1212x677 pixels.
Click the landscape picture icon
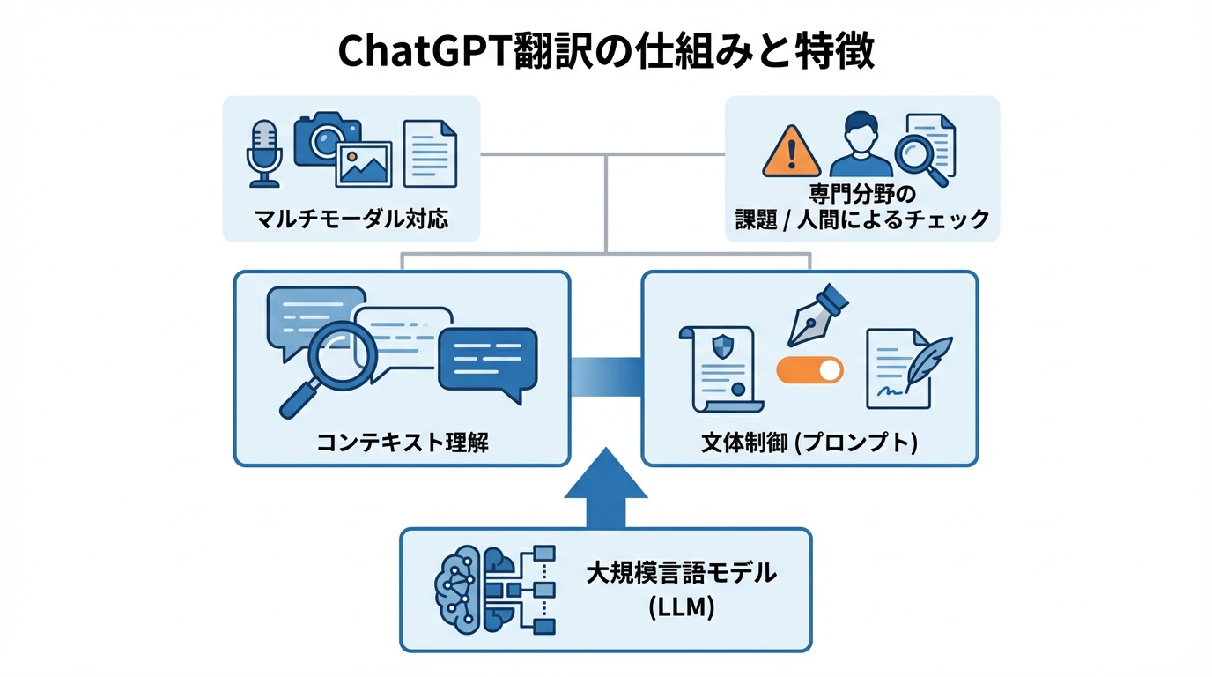pos(365,165)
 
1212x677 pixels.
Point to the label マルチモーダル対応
pos(351,217)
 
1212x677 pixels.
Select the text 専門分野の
pos(862,192)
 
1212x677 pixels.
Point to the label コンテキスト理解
pos(402,441)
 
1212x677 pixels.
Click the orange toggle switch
pos(809,370)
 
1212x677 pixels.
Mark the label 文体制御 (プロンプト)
pos(809,441)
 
